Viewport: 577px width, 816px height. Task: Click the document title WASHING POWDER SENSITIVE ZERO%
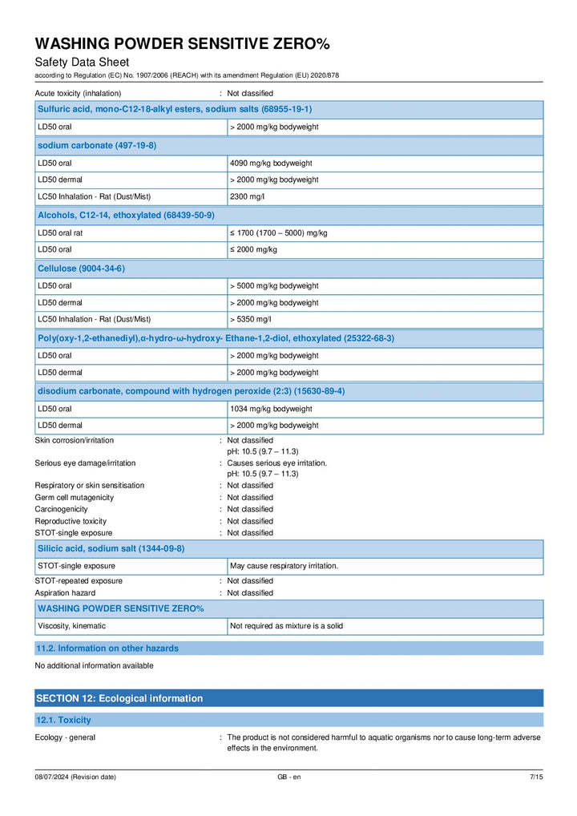point(182,43)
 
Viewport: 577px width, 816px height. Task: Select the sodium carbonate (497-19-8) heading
point(97,145)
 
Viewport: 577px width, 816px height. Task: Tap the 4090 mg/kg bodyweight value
point(271,163)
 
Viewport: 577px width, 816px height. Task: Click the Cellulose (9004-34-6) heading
point(81,268)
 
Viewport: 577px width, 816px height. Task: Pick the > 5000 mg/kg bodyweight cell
point(274,285)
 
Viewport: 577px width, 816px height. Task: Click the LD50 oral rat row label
point(60,232)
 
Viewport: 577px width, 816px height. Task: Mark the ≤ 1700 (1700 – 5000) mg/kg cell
point(278,232)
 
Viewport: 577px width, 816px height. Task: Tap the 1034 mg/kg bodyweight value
point(271,409)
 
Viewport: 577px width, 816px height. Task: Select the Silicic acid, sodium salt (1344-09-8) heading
point(111,548)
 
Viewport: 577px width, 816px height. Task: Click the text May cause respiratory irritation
point(284,566)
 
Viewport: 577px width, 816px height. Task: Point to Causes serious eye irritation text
point(276,463)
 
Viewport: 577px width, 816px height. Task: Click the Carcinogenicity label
point(61,509)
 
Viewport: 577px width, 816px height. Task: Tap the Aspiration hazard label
point(65,593)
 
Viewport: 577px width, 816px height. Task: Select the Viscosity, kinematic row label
point(71,625)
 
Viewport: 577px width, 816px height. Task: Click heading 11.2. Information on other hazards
point(108,648)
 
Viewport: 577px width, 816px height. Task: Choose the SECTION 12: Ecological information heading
point(119,698)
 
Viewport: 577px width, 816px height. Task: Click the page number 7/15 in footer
point(536,777)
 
